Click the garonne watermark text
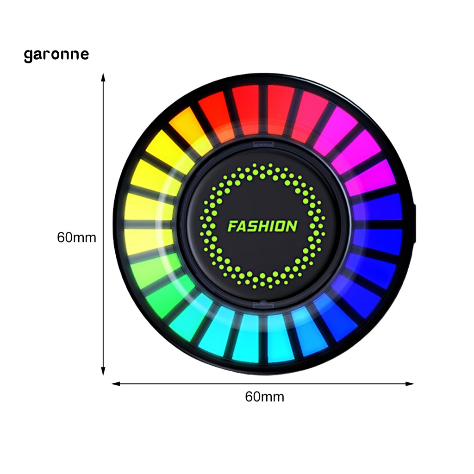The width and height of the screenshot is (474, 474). pyautogui.click(x=56, y=55)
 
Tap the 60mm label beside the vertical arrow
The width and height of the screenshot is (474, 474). pyautogui.click(x=77, y=238)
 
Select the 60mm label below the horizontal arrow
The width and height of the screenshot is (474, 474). pyautogui.click(x=264, y=397)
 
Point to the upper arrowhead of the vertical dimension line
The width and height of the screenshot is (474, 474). pyautogui.click(x=103, y=77)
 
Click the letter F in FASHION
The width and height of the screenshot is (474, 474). pyautogui.click(x=233, y=227)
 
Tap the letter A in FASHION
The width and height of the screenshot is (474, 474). pyautogui.click(x=243, y=227)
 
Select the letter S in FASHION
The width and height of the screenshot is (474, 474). pyautogui.click(x=254, y=227)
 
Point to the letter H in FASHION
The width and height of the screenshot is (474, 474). pyautogui.click(x=265, y=227)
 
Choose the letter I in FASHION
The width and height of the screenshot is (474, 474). pyautogui.click(x=274, y=227)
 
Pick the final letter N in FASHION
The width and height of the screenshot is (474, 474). pyautogui.click(x=292, y=227)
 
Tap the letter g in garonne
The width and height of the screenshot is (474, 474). pyautogui.click(x=29, y=56)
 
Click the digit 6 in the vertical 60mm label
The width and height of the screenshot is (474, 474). pyautogui.click(x=61, y=238)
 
